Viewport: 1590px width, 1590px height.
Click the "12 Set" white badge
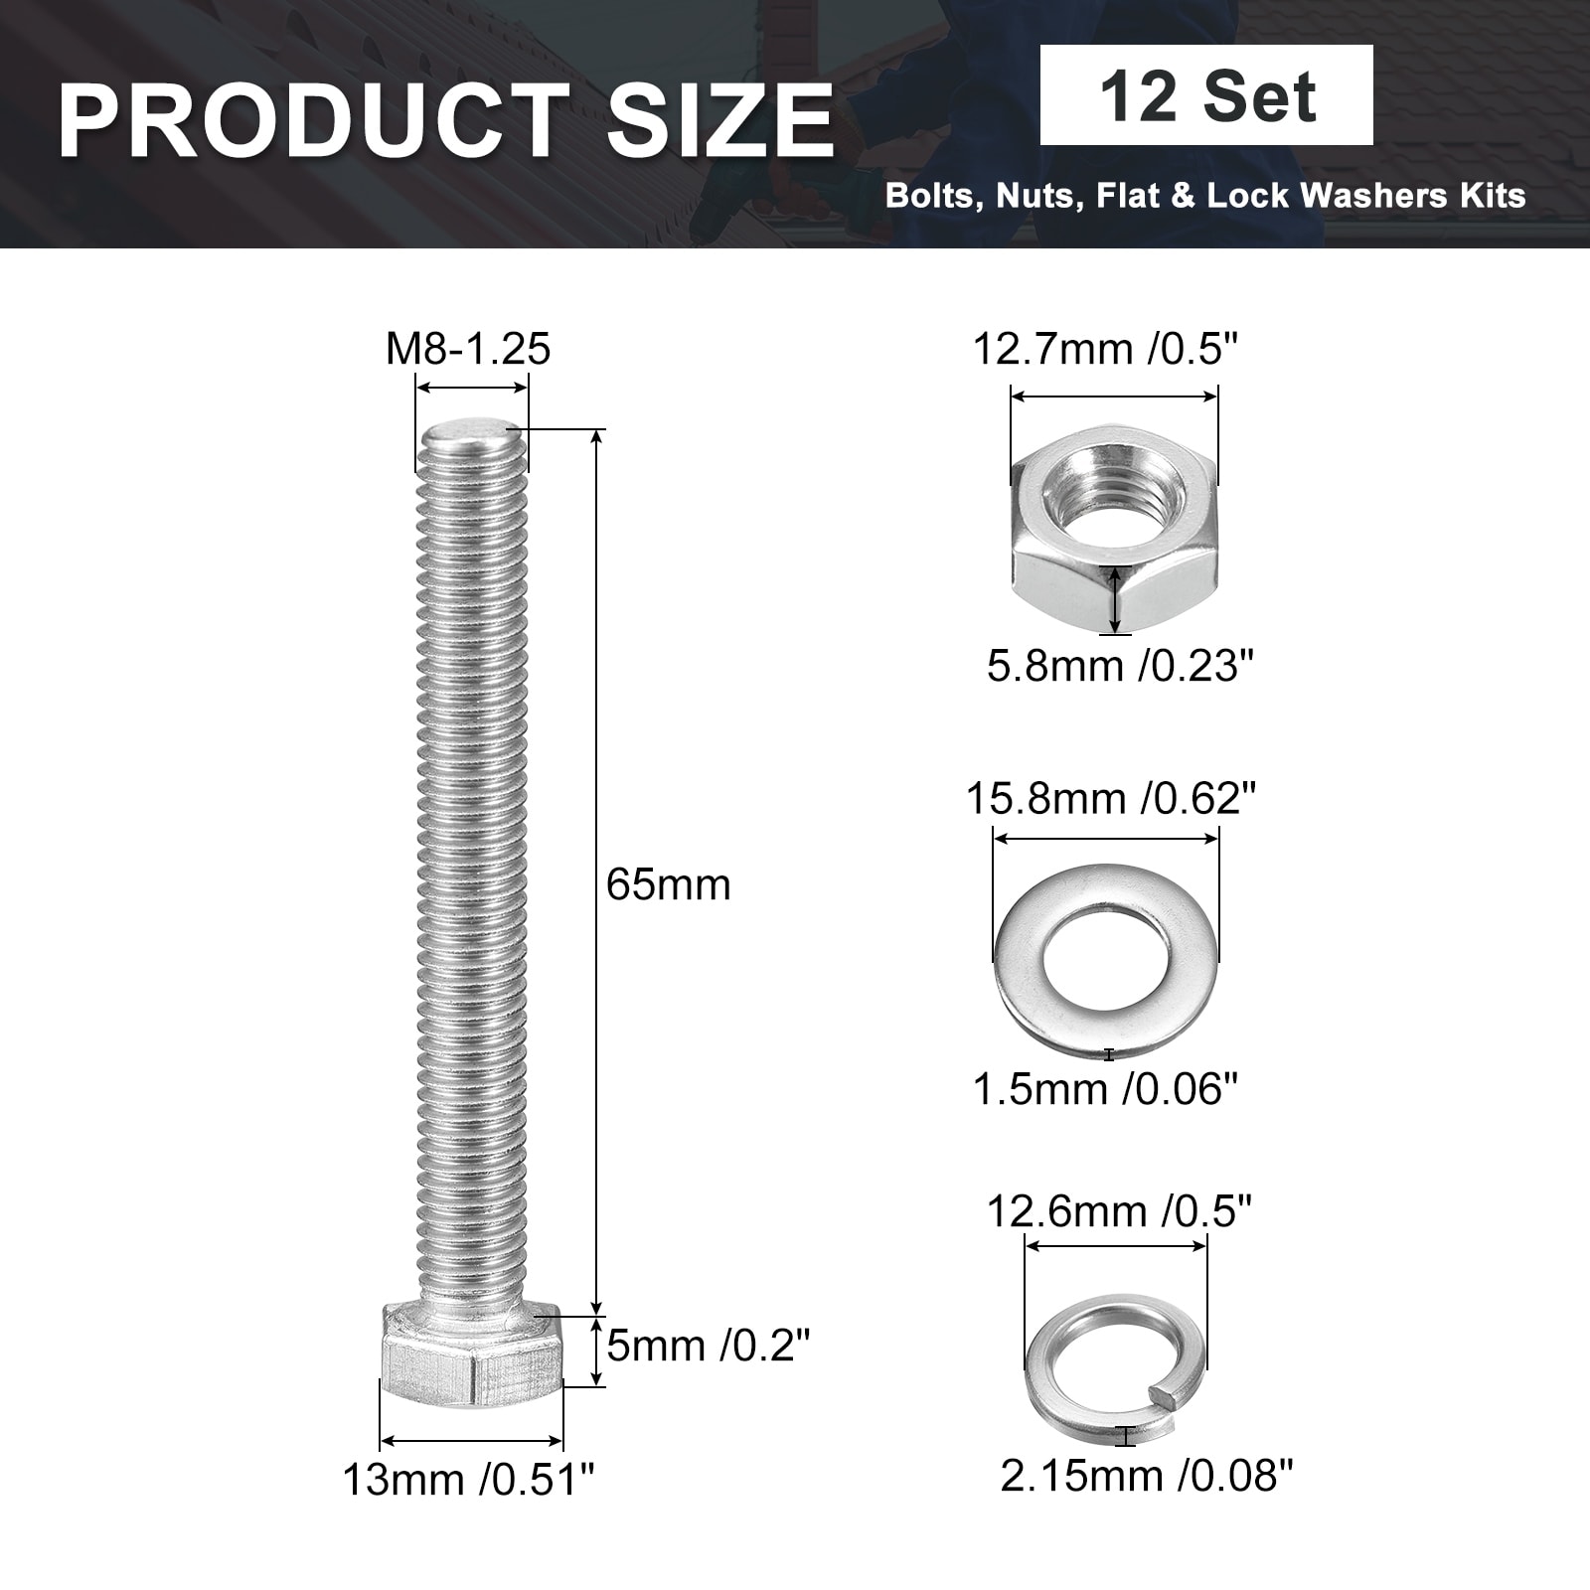pos(1206,95)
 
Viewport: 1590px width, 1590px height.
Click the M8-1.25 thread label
pos(468,349)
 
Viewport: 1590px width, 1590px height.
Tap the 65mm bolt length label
pos(669,884)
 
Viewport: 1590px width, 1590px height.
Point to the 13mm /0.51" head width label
pos(469,1480)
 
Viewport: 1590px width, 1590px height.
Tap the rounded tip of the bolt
pos(473,433)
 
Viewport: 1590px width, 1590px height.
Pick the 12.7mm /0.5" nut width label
pos(1106,349)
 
